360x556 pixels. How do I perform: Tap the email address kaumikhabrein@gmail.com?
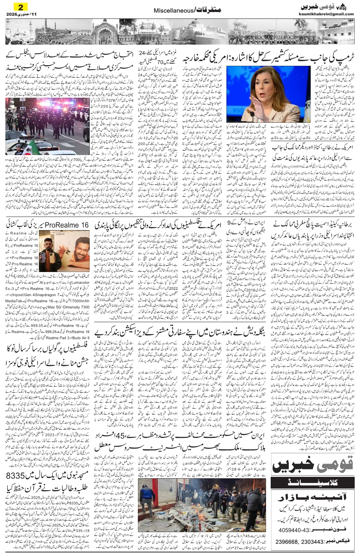click(x=326, y=14)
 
